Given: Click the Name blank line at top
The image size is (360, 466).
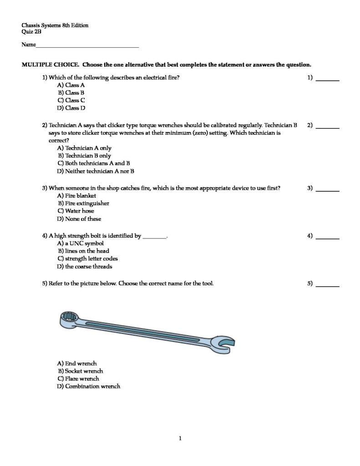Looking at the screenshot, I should click(87, 46).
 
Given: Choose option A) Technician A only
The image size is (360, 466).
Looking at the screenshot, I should click(84, 148).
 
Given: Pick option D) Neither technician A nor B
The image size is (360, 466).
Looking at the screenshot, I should click(96, 172).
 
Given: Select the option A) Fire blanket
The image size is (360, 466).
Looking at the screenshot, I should click(76, 195).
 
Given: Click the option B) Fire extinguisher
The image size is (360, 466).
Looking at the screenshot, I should click(83, 203).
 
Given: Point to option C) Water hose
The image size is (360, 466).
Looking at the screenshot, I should click(76, 211).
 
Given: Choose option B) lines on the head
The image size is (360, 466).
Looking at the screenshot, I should click(83, 251).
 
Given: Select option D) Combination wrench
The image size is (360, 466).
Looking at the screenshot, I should click(89, 386).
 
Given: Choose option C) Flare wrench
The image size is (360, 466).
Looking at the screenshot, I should click(78, 379).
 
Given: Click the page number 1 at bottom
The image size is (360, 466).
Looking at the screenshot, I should click(180, 439).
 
